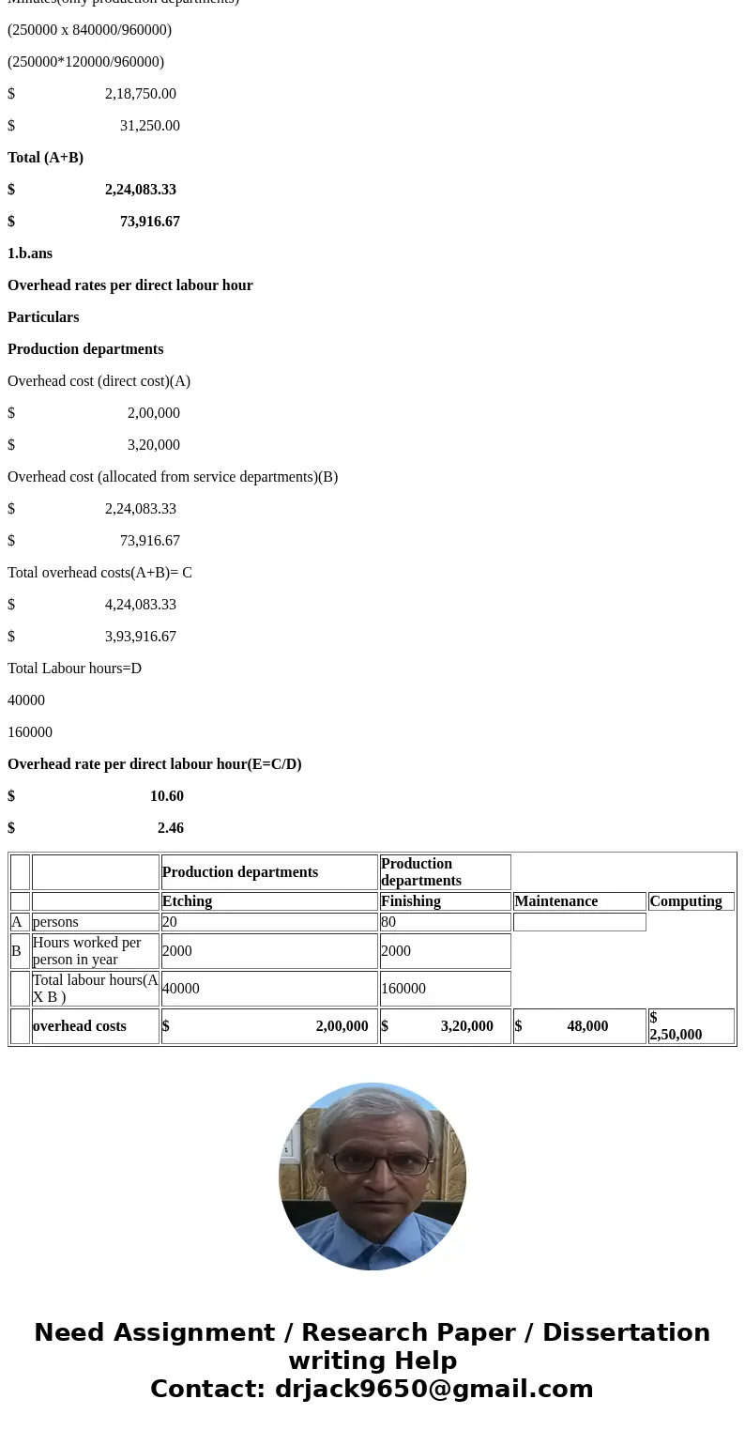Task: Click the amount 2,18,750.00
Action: pyautogui.click(x=140, y=94)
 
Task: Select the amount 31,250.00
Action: pyautogui.click(x=149, y=126)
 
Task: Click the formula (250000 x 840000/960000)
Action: pyautogui.click(x=89, y=30)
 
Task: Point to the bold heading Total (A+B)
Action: pyautogui.click(x=45, y=158)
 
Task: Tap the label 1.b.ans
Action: pyautogui.click(x=30, y=254)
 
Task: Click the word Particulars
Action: pyautogui.click(x=43, y=317)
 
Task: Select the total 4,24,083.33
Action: pyautogui.click(x=140, y=605)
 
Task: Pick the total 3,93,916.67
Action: pyautogui.click(x=140, y=637)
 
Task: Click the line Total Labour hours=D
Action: pyautogui.click(x=74, y=669)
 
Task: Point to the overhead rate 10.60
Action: pyautogui.click(x=166, y=796)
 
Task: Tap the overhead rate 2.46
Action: pyautogui.click(x=170, y=828)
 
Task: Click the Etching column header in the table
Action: pyautogui.click(x=187, y=901)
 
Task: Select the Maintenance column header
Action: pyautogui.click(x=555, y=901)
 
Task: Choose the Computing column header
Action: pyautogui.click(x=686, y=901)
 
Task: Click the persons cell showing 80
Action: pyautogui.click(x=388, y=922)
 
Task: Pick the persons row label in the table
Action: pyautogui.click(x=55, y=922)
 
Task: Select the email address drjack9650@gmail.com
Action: pyautogui.click(x=433, y=1389)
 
